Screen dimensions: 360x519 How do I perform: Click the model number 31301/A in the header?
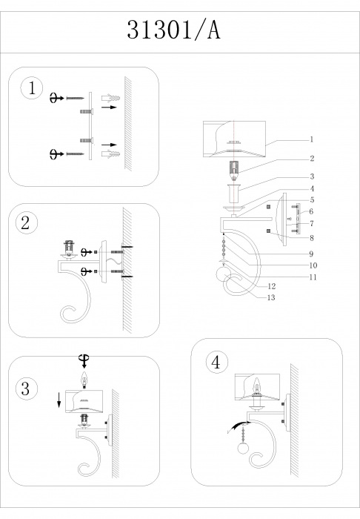tap(173, 30)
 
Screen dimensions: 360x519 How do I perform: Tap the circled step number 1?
tap(32, 89)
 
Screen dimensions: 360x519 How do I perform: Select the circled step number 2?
tap(26, 222)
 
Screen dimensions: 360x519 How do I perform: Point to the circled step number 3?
tap(26, 389)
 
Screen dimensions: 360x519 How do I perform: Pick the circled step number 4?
tap(217, 362)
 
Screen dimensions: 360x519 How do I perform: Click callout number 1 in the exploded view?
tap(311, 139)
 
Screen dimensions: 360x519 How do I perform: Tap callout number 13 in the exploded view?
tap(271, 297)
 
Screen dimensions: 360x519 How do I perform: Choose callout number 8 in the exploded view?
tap(311, 238)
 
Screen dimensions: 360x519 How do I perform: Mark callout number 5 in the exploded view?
tap(312, 200)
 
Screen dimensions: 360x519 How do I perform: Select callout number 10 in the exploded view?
tap(313, 265)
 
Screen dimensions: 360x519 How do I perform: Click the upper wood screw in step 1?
tap(75, 98)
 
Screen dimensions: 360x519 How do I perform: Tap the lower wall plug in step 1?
tap(111, 153)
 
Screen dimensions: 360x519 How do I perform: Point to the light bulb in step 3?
tap(85, 379)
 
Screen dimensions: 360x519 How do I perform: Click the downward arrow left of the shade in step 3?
tap(59, 400)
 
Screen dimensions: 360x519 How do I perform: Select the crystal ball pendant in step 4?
tap(243, 449)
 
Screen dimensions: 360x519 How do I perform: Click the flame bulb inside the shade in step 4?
tap(256, 386)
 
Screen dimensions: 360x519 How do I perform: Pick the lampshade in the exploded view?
tap(234, 139)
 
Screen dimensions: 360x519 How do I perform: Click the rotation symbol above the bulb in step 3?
tap(84, 361)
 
